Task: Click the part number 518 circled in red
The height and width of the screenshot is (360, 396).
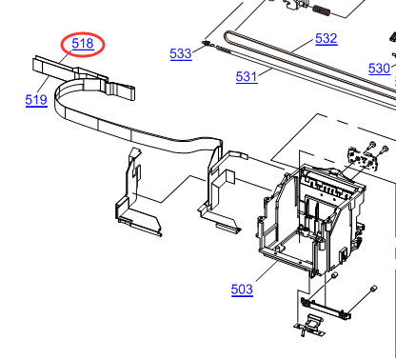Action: tap(83, 44)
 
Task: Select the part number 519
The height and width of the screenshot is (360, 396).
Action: tap(36, 100)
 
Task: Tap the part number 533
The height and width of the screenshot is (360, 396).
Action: tap(181, 53)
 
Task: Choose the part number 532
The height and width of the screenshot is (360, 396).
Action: tap(327, 39)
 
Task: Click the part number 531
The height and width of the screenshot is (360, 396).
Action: tap(247, 77)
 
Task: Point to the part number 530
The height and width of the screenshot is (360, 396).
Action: tap(379, 69)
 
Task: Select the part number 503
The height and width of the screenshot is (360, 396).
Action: tap(242, 290)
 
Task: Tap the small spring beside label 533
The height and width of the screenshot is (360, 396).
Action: tap(207, 43)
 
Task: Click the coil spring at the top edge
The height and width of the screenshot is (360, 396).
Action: tap(322, 10)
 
